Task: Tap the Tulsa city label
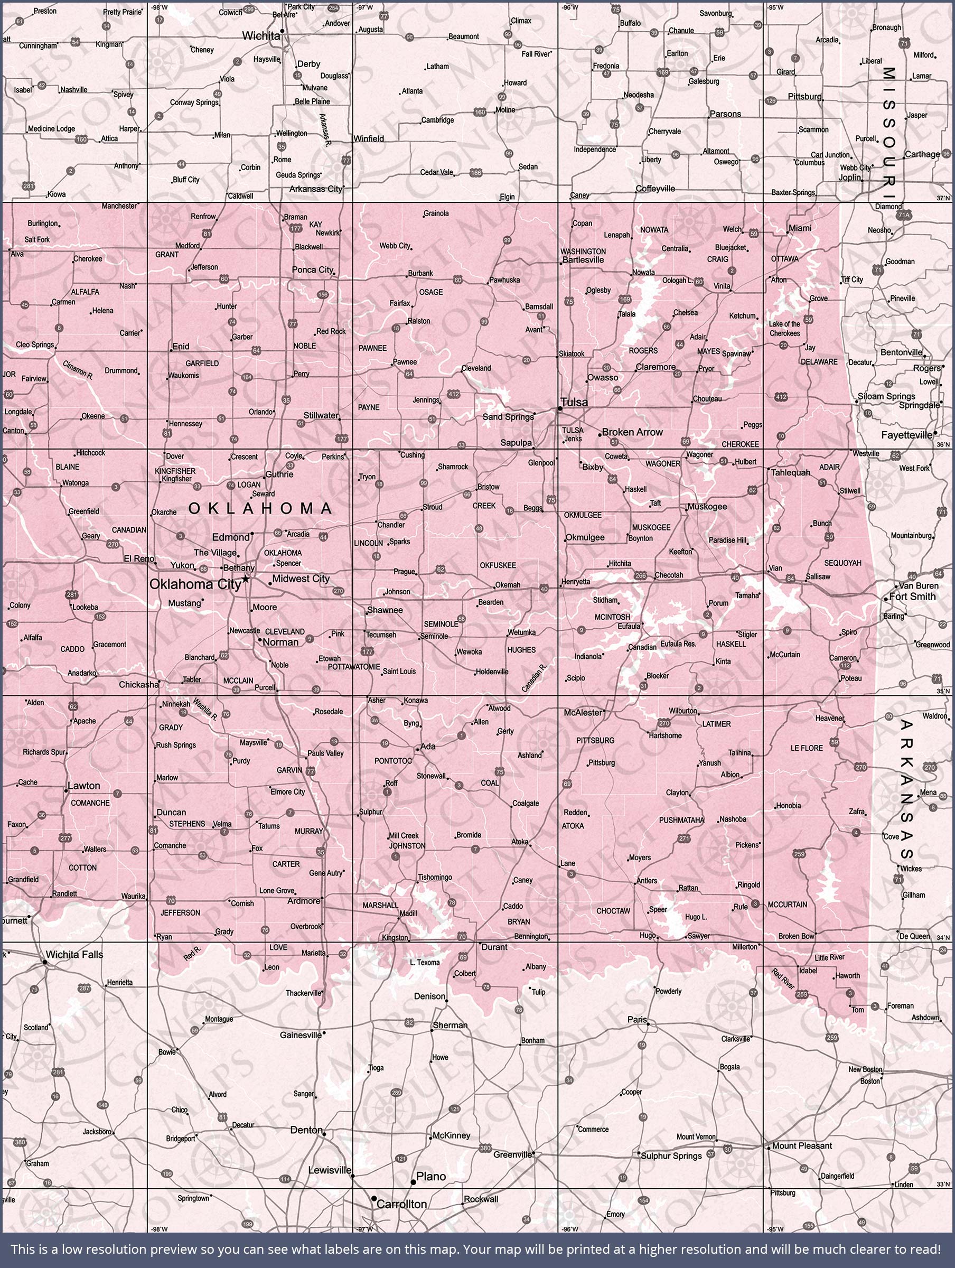[574, 403]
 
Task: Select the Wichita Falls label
[74, 955]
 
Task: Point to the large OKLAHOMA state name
[261, 508]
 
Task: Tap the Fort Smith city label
[913, 596]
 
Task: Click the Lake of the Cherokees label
[785, 329]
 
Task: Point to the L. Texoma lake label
[425, 963]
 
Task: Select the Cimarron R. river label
[78, 370]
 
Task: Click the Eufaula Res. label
[678, 644]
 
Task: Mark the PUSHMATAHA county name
[681, 821]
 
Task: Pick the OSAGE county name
[431, 292]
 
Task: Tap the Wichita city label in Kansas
[261, 35]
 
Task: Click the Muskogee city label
[707, 507]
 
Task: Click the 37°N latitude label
[943, 198]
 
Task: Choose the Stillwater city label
[321, 415]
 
